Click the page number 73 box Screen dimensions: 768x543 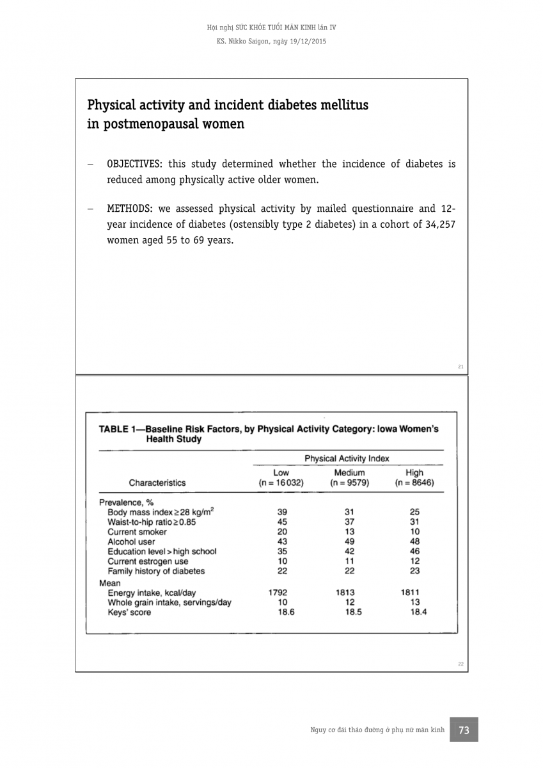point(464,730)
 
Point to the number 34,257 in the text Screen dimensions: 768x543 point(440,225)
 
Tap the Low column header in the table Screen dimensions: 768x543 point(281,473)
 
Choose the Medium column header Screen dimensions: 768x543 point(349,473)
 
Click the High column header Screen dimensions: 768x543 point(414,473)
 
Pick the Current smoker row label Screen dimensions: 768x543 point(137,532)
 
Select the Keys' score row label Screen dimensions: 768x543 point(129,612)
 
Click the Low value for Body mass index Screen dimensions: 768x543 point(282,512)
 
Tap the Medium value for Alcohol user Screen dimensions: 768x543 point(349,541)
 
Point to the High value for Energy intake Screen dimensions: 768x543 point(410,593)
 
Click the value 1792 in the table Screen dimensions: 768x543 point(278,593)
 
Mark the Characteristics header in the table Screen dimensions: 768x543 point(157,483)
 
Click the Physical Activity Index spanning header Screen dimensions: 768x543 point(347,458)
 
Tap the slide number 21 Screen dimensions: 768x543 point(460,367)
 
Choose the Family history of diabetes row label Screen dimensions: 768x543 point(156,571)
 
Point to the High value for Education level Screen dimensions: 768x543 point(414,551)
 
